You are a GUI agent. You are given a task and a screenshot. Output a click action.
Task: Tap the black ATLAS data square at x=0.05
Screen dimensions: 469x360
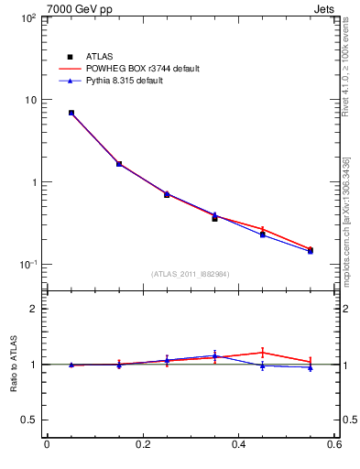point(71,113)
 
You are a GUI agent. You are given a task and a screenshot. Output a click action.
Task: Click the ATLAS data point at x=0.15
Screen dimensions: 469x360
point(119,164)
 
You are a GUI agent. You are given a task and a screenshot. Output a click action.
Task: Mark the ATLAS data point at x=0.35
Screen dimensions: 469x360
point(214,218)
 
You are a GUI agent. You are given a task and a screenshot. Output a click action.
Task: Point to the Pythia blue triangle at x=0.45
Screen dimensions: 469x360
point(262,234)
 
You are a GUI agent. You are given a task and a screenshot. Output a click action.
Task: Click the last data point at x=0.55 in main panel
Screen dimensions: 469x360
point(310,250)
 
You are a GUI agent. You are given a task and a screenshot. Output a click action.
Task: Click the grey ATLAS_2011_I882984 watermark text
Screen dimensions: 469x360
point(191,274)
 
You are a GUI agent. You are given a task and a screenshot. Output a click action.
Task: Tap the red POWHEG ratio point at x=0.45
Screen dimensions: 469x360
point(262,352)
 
